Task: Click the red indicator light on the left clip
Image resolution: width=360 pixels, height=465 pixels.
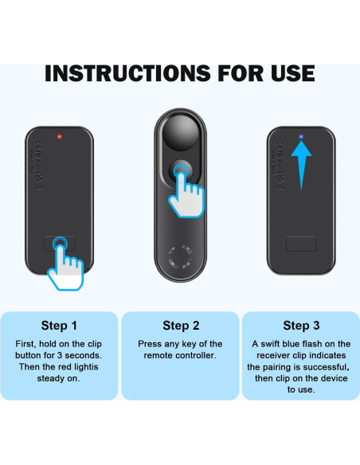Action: [x=60, y=137]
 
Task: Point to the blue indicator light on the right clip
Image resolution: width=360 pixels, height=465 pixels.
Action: [x=300, y=138]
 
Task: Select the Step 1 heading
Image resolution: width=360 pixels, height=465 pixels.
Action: [x=60, y=326]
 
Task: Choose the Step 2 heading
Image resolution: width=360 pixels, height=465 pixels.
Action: [x=180, y=326]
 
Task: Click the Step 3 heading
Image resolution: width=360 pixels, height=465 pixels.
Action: [x=300, y=326]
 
